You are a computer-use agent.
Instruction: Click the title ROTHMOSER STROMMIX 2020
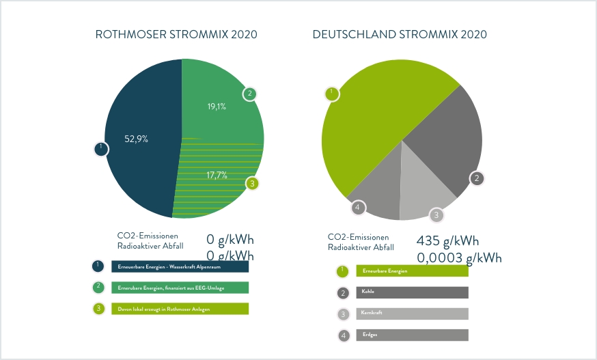(x=176, y=34)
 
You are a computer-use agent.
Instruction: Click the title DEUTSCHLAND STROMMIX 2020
(x=400, y=34)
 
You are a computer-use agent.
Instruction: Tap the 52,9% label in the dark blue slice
(x=136, y=139)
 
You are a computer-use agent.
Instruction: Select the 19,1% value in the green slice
(x=217, y=107)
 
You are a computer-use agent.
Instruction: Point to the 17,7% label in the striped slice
(x=217, y=176)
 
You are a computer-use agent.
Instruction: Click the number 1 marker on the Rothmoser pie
(x=100, y=148)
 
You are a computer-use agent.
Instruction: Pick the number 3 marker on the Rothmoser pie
(x=252, y=184)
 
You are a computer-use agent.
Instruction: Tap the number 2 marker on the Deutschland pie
(x=477, y=179)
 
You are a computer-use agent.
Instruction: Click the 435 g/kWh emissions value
(x=447, y=241)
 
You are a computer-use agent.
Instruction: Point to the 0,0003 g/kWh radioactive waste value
(x=459, y=258)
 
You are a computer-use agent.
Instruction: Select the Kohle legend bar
(x=412, y=292)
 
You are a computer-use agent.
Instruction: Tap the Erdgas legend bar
(x=412, y=335)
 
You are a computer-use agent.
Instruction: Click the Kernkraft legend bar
(x=412, y=314)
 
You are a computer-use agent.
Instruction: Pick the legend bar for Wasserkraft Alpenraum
(x=180, y=266)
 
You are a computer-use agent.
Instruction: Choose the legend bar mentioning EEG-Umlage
(x=180, y=288)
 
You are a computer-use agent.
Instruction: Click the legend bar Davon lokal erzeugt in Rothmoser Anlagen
(x=180, y=309)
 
